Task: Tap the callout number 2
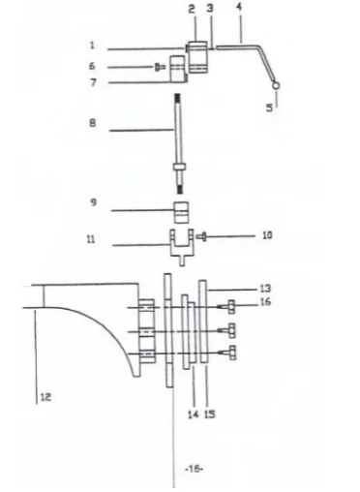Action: click(192, 8)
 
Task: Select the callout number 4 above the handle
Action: click(238, 7)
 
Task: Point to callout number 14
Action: click(191, 414)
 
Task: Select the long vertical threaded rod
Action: click(178, 131)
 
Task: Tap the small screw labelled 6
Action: click(158, 66)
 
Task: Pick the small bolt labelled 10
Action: click(201, 235)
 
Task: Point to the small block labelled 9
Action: click(179, 211)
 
